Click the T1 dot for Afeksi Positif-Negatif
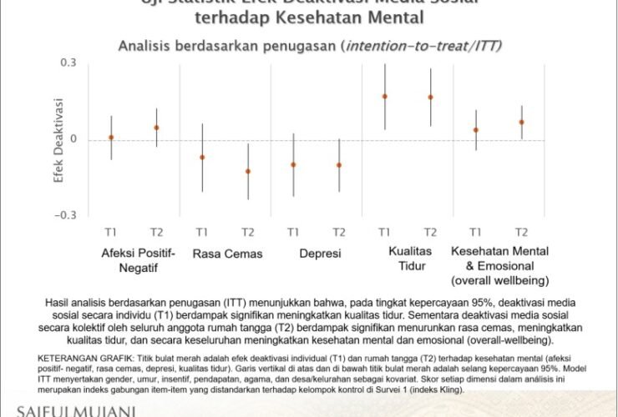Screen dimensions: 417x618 111,137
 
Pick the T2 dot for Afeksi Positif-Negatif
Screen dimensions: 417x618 156,128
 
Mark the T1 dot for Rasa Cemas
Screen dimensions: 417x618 202,157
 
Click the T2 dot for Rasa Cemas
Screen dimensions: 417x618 247,171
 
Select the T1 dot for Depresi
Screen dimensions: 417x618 293,164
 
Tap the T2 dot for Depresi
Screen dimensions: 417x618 339,165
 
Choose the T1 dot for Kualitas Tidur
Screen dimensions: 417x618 385,97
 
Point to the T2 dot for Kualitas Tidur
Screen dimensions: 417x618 431,98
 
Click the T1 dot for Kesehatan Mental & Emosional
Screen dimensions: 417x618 476,130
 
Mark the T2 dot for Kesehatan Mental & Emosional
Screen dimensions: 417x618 521,122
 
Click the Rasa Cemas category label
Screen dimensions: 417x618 227,254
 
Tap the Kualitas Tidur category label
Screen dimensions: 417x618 408,259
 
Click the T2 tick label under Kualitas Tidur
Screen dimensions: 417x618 431,231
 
